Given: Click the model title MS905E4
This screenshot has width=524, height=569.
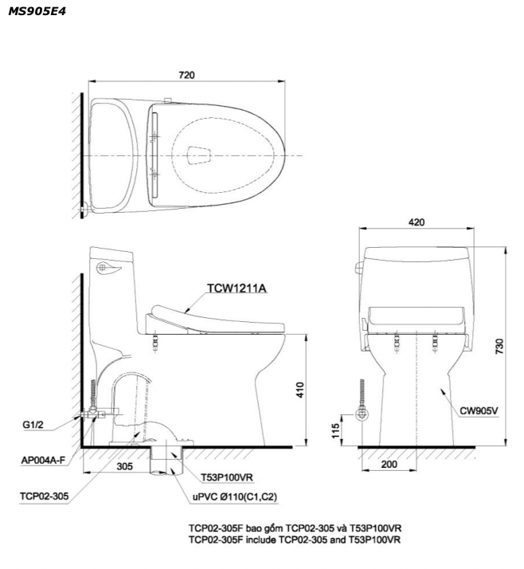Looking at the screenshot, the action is pyautogui.click(x=37, y=11).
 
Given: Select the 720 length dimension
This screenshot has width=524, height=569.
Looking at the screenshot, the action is pyautogui.click(x=186, y=75).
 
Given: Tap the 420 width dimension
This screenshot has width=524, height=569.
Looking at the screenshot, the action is pyautogui.click(x=416, y=222).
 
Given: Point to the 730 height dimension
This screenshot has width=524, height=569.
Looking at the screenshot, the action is pyautogui.click(x=499, y=346).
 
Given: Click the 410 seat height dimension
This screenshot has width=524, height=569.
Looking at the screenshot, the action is pyautogui.click(x=300, y=390).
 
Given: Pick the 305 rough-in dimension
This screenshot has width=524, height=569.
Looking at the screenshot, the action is pyautogui.click(x=124, y=466).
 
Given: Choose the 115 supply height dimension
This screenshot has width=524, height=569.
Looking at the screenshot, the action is pyautogui.click(x=335, y=430).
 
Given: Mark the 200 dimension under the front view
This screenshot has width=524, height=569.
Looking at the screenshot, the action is pyautogui.click(x=389, y=464).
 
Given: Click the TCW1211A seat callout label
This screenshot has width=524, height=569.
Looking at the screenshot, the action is pyautogui.click(x=237, y=288).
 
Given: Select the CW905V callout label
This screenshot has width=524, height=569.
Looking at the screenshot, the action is pyautogui.click(x=479, y=410).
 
